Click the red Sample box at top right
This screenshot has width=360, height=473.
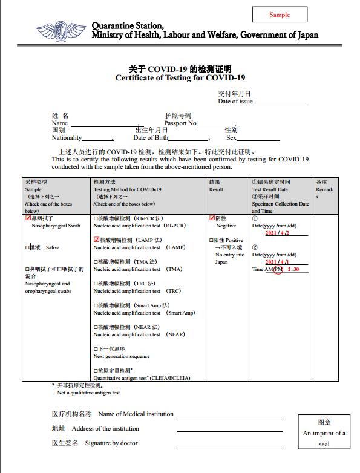pos(280,15)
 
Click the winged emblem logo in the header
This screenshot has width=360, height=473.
pos(61,31)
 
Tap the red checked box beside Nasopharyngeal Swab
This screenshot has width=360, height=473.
pos(28,218)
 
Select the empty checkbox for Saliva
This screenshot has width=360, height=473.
pos(27,247)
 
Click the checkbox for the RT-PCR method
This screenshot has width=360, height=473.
pos(96,218)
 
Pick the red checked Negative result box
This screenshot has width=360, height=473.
pos(212,218)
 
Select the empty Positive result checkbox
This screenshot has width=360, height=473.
pos(211,240)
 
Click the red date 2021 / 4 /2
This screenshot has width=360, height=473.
pos(278,233)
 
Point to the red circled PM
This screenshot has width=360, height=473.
pos(278,269)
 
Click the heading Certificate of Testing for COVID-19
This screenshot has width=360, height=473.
pos(180,78)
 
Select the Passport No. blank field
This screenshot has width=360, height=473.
pos(218,123)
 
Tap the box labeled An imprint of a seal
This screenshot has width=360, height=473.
pos(324,432)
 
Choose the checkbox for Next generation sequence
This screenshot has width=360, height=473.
pos(96,349)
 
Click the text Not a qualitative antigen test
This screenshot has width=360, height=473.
pos(89,393)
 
